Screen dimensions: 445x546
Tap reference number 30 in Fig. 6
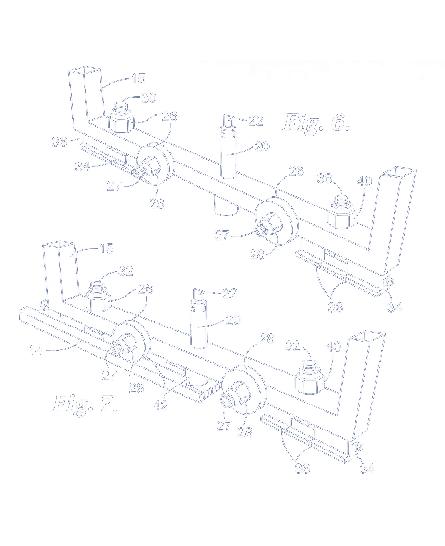click(x=149, y=98)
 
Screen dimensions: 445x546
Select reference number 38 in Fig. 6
click(x=325, y=179)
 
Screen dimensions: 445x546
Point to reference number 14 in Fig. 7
click(x=36, y=350)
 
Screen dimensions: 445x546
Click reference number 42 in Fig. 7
click(x=160, y=405)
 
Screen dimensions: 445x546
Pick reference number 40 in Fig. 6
click(x=365, y=181)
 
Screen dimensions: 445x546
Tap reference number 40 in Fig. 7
click(x=334, y=347)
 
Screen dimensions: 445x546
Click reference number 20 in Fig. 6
click(x=262, y=146)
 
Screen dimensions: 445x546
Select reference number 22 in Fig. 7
click(x=230, y=293)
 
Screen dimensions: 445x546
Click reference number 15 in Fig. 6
click(x=138, y=78)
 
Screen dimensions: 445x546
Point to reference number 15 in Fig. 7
click(x=106, y=249)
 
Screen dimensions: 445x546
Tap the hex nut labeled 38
click(x=342, y=212)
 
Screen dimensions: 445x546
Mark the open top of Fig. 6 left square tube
click(x=84, y=70)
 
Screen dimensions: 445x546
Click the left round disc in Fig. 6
click(x=154, y=164)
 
